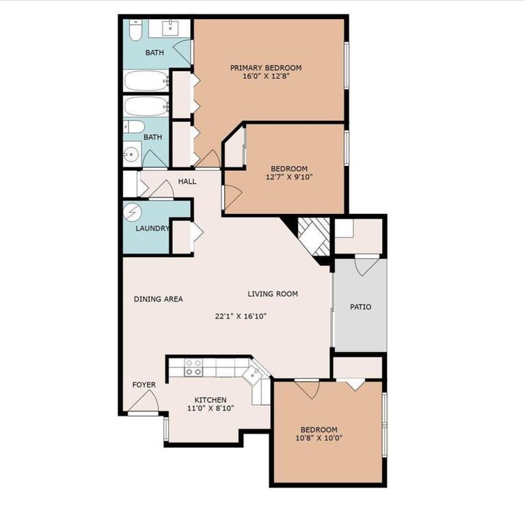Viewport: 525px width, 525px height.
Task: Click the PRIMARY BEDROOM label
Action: (x=265, y=68)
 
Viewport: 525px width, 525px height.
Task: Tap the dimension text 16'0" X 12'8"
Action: (x=265, y=77)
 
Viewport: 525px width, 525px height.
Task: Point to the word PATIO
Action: (x=360, y=307)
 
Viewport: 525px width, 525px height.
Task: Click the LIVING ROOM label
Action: (x=273, y=294)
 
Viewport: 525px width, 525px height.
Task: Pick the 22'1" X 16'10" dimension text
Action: (x=240, y=317)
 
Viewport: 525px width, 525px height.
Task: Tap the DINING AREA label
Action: (x=158, y=299)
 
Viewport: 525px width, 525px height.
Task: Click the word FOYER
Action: (x=144, y=385)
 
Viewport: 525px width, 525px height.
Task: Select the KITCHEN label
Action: (x=210, y=400)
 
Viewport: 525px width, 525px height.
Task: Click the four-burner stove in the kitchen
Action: (x=193, y=368)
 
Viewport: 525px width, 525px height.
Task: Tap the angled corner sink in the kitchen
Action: (x=253, y=373)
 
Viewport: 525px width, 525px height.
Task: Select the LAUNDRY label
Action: (x=152, y=228)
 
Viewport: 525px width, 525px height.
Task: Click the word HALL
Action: (x=187, y=182)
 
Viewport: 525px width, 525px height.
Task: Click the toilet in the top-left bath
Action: (x=135, y=31)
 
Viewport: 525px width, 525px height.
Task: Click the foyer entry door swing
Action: (x=146, y=403)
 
